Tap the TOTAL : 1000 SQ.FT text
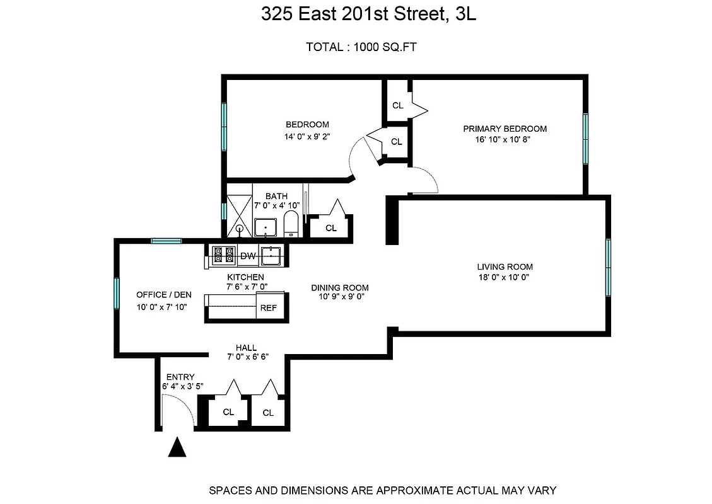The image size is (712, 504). coord(361,47)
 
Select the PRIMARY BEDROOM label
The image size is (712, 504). coord(505,129)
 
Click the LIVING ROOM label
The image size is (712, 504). coord(505,266)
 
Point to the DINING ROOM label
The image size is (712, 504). coord(338,288)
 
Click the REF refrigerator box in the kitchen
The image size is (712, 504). coord(268,309)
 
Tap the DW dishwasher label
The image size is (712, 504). coord(248,256)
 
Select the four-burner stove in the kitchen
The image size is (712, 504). coord(224,255)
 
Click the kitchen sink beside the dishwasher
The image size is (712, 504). coord(271,255)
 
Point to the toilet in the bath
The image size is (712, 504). coord(291,224)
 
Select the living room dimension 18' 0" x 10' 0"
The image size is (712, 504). coord(505,277)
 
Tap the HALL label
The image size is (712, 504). coord(246,347)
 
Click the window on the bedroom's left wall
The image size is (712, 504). coord(224,126)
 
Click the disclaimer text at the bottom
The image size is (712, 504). coord(382,490)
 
